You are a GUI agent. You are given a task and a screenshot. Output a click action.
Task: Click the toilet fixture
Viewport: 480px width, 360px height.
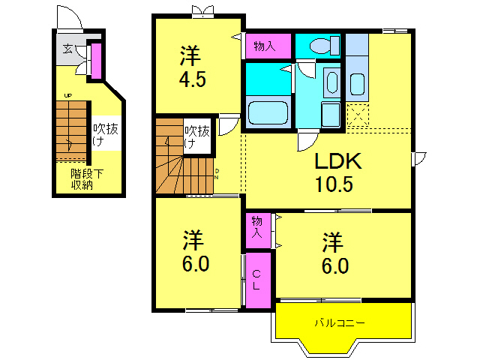click(x=319, y=45)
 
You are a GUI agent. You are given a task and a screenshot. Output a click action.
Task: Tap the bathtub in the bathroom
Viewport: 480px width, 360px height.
click(x=268, y=112)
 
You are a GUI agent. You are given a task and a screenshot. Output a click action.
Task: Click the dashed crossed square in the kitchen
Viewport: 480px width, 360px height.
click(x=357, y=117)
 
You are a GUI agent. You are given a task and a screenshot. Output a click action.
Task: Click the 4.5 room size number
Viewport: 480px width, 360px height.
click(x=193, y=79)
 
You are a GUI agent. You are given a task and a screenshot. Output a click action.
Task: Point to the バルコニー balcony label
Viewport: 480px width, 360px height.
click(x=339, y=323)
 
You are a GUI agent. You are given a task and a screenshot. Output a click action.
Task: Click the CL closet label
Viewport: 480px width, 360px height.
click(x=256, y=280)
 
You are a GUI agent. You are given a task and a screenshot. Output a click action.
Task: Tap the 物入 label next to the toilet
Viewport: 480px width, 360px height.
click(x=265, y=46)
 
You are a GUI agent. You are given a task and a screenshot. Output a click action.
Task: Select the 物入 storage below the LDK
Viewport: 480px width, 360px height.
click(x=256, y=227)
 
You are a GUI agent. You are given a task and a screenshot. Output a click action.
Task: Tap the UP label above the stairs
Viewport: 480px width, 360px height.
click(x=67, y=96)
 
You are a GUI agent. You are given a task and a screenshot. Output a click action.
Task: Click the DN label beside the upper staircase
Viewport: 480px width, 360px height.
click(x=217, y=174)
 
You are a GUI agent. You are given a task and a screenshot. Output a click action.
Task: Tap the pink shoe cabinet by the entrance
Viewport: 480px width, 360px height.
click(x=96, y=61)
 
